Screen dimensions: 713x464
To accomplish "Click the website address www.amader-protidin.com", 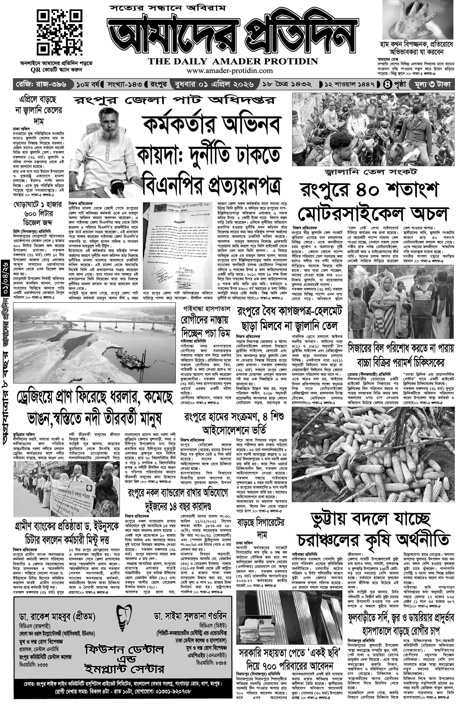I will (230, 70).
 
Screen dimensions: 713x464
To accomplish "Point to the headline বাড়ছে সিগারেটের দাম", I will (261, 528).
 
